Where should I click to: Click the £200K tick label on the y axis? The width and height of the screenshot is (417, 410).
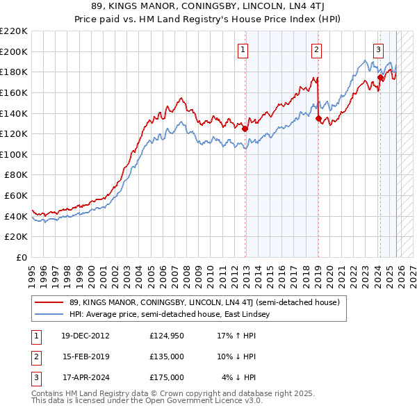click(14, 51)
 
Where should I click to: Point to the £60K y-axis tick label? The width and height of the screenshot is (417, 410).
click(16, 196)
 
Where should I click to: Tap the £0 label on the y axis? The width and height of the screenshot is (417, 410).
click(22, 258)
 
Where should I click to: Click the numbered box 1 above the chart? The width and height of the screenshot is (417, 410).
click(243, 49)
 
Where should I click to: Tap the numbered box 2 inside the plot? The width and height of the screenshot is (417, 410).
click(316, 49)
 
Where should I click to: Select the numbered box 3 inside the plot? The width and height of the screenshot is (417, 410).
click(379, 49)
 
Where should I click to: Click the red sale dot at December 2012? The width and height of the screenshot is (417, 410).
click(245, 129)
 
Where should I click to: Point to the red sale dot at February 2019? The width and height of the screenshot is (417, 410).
click(318, 118)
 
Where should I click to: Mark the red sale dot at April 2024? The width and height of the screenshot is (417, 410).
click(379, 77)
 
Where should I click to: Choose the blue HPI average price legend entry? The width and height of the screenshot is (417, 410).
click(174, 315)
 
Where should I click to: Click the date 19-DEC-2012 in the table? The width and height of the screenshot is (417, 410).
click(85, 336)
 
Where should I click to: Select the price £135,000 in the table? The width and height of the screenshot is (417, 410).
click(167, 356)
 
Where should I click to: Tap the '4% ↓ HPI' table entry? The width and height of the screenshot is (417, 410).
click(239, 377)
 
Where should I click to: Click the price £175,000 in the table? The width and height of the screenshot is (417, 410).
click(167, 377)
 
